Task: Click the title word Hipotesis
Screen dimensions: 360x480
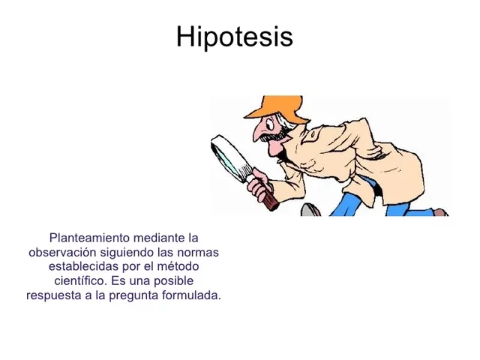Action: pyautogui.click(x=234, y=37)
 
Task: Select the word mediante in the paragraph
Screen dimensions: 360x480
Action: pyautogui.click(x=162, y=238)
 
